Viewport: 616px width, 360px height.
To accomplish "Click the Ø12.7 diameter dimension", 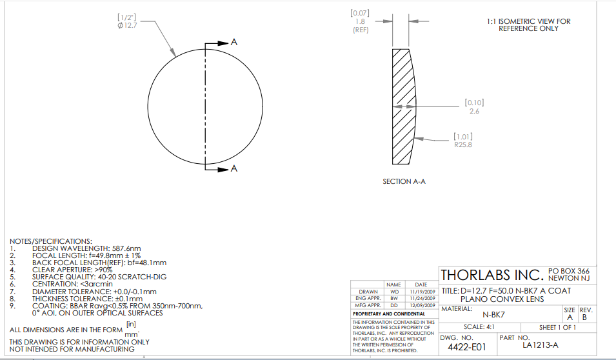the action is pyautogui.click(x=127, y=26).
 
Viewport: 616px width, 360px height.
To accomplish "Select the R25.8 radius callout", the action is pyautogui.click(x=463, y=145).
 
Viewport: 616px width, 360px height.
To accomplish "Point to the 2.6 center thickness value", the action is pyautogui.click(x=474, y=111).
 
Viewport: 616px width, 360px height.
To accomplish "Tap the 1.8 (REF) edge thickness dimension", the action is pyautogui.click(x=361, y=26).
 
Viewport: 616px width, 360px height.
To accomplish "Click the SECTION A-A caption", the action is pyautogui.click(x=404, y=181).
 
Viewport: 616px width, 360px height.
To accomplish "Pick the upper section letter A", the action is pyautogui.click(x=234, y=42).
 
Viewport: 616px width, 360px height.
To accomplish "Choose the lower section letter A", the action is pyautogui.click(x=234, y=168).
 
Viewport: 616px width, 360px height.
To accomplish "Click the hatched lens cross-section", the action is pyautogui.click(x=402, y=106).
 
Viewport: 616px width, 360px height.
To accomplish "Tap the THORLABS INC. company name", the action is pyautogui.click(x=492, y=275).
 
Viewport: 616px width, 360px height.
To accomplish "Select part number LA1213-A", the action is pyautogui.click(x=540, y=345).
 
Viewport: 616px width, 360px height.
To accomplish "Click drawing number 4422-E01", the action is pyautogui.click(x=467, y=347).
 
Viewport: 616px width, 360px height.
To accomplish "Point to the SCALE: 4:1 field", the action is pyautogui.click(x=479, y=327).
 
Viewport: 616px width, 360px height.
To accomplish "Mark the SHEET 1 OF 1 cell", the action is pyautogui.click(x=557, y=327).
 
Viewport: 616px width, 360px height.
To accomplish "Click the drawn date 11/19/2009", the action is pyautogui.click(x=422, y=292).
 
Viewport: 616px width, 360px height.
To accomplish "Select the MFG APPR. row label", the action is pyautogui.click(x=368, y=305).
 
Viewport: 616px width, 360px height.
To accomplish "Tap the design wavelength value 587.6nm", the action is pyautogui.click(x=126, y=248).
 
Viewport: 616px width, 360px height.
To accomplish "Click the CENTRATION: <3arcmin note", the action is pyautogui.click(x=72, y=284).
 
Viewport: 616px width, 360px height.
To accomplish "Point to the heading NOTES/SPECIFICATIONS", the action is pyautogui.click(x=51, y=241).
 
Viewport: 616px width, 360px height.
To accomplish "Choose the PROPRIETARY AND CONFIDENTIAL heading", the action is pyautogui.click(x=389, y=314).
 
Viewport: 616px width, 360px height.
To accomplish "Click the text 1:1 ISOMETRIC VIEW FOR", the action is pyautogui.click(x=528, y=21).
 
